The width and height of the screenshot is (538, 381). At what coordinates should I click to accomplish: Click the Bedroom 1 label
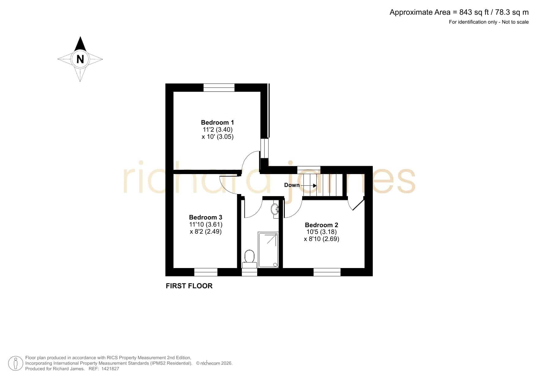click(x=217, y=122)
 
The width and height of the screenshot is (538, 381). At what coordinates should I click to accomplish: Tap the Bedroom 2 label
click(x=321, y=225)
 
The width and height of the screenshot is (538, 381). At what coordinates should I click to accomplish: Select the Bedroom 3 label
click(x=205, y=217)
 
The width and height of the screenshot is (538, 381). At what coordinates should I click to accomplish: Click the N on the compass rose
click(x=80, y=59)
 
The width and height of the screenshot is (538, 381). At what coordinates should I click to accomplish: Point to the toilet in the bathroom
click(x=250, y=259)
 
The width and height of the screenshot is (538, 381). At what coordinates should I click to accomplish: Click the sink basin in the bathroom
click(x=275, y=209)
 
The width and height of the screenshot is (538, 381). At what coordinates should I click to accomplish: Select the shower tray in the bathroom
click(x=268, y=250)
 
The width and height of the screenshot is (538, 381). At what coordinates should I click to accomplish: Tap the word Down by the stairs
click(x=292, y=185)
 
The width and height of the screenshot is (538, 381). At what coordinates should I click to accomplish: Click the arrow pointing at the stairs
click(x=308, y=185)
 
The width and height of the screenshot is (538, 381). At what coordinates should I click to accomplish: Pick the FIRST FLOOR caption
click(x=189, y=286)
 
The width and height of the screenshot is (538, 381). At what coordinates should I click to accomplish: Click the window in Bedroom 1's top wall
click(x=219, y=87)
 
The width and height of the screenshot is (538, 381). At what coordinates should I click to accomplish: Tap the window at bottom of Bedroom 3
click(x=206, y=272)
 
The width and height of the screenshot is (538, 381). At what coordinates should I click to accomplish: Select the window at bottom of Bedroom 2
click(x=327, y=272)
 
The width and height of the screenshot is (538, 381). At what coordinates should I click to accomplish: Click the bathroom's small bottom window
click(x=250, y=272)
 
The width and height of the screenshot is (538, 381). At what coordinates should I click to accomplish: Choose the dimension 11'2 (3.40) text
click(x=218, y=130)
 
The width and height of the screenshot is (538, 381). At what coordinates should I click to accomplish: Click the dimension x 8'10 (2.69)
click(x=322, y=239)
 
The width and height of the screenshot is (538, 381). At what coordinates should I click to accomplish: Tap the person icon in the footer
click(x=15, y=364)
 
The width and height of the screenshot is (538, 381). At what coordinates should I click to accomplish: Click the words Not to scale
click(x=515, y=22)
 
